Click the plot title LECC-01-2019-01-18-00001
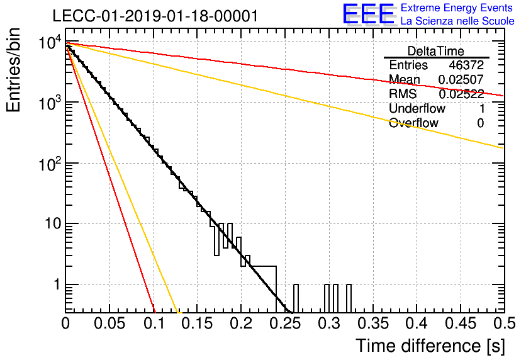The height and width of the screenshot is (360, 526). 155,16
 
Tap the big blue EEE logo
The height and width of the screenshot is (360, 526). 369,14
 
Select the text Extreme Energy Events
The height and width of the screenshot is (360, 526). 457,8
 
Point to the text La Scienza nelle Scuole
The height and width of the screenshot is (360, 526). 457,21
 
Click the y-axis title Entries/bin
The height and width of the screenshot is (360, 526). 13,70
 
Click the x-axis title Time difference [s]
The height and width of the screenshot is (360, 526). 430,346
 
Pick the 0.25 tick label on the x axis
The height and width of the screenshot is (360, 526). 286,323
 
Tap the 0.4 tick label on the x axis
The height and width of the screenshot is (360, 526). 417,323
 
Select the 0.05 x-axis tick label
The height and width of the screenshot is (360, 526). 109,323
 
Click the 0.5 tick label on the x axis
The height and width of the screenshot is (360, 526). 505,323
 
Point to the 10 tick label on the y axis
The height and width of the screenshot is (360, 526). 53,223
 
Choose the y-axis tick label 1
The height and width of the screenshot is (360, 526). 57,284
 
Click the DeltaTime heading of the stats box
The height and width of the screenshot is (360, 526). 436,51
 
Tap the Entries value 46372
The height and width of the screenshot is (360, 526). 466,65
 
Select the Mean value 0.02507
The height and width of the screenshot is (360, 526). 461,79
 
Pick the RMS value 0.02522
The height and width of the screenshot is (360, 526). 461,94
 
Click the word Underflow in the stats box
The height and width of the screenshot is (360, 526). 417,108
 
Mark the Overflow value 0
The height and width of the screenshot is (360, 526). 480,123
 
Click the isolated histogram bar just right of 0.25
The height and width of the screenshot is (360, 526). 296,298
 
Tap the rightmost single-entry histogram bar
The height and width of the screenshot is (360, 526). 349,298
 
